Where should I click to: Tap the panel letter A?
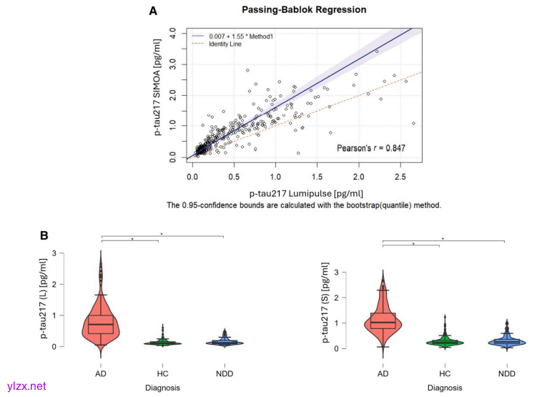click(153, 11)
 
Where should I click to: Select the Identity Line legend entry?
click(225, 44)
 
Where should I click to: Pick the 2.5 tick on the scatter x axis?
click(399, 175)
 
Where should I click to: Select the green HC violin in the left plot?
click(162, 343)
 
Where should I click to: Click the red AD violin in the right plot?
click(383, 322)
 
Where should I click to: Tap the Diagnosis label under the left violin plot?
click(162, 388)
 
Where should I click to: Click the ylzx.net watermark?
click(26, 386)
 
